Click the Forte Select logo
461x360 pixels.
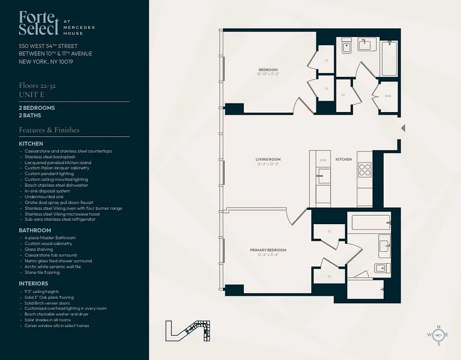tap(39, 23)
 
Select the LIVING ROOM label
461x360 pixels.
tap(268, 159)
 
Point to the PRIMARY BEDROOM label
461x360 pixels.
tap(268, 250)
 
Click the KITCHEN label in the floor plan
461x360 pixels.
tap(344, 159)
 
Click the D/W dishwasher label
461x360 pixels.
tap(323, 160)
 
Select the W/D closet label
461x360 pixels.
tap(388, 95)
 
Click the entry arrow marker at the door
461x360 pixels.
tap(403, 128)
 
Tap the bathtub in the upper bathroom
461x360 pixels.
tap(389, 58)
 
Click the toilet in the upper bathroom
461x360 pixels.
tap(346, 46)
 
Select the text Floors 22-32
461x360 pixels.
tap(37, 85)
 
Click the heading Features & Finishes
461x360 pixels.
tap(49, 130)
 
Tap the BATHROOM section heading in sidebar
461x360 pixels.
tap(35, 230)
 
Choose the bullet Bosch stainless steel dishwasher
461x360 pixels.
tap(56, 185)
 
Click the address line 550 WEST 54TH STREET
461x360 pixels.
tap(48, 46)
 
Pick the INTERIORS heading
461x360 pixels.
tap(33, 283)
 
